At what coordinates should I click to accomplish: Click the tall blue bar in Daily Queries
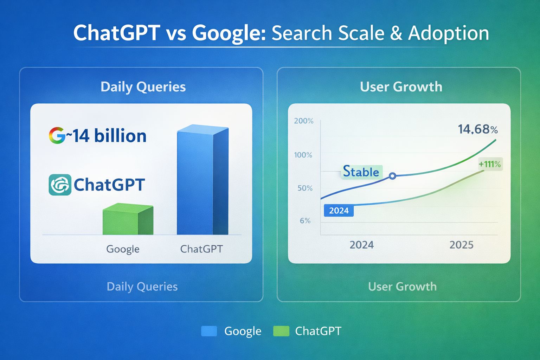[x=202, y=181]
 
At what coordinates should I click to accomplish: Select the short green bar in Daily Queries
[x=127, y=220]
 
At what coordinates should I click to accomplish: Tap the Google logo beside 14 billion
[x=57, y=136]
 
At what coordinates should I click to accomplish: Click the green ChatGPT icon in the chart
[x=60, y=185]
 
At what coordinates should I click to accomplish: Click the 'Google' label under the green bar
[x=123, y=249]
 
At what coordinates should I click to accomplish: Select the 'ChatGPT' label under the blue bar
[x=201, y=249]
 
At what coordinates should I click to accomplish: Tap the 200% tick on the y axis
[x=303, y=121]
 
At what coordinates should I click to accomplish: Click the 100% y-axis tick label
[x=303, y=155]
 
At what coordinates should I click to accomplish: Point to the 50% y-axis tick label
[x=305, y=188]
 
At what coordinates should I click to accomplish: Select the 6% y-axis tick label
[x=305, y=221]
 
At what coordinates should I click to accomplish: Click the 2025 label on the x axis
[x=461, y=245]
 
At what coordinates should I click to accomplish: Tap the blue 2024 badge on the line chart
[x=339, y=211]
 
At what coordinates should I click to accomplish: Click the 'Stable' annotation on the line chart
[x=361, y=172]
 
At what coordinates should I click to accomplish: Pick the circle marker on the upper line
[x=392, y=176]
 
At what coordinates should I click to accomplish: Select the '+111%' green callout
[x=490, y=164]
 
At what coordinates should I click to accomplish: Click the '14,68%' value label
[x=477, y=129]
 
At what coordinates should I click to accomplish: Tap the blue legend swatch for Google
[x=209, y=331]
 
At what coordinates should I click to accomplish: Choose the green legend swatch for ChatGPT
[x=281, y=331]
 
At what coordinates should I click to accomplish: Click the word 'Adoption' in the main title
[x=448, y=33]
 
